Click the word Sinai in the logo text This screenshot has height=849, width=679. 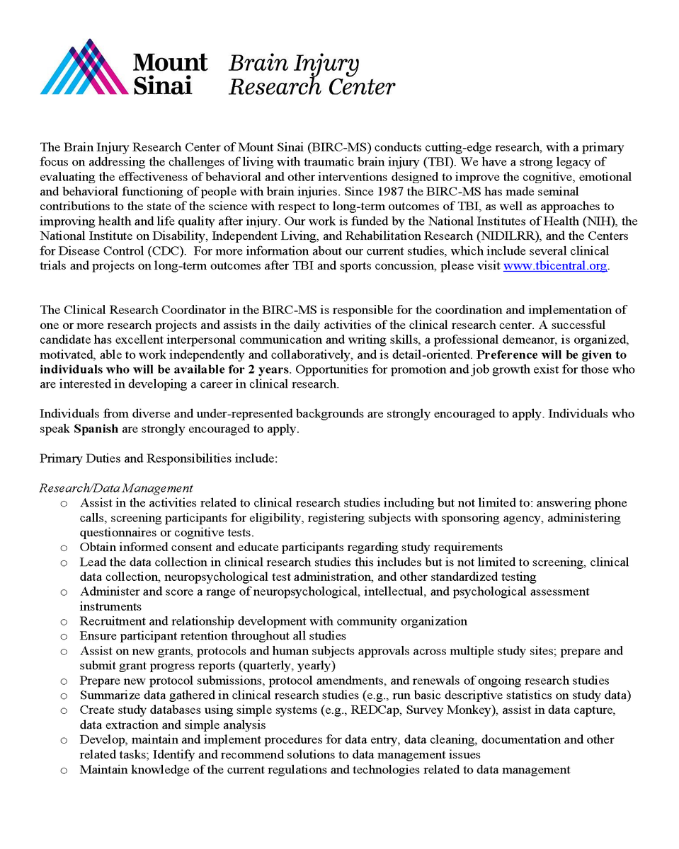[162, 86]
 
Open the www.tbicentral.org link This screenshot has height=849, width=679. [555, 266]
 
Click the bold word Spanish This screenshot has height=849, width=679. [96, 429]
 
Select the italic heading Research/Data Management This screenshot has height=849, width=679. [116, 488]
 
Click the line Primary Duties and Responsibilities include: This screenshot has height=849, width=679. [158, 458]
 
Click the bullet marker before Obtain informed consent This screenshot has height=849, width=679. [64, 548]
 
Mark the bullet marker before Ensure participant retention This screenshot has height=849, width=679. [64, 637]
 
